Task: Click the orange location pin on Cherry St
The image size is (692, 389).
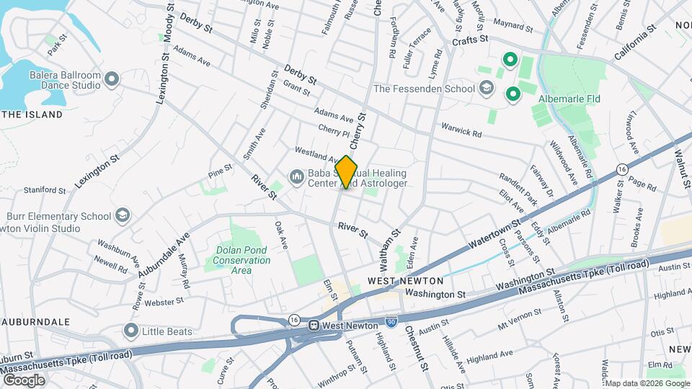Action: coord(346,172)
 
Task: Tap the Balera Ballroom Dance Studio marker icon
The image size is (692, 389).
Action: coord(111,79)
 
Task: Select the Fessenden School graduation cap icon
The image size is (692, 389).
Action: coord(487,89)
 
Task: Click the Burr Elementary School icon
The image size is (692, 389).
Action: coord(123,215)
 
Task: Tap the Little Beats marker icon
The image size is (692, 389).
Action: coord(130,331)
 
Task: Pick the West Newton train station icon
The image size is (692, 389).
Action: coord(314,326)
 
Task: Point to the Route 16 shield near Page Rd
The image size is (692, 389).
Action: coord(621,169)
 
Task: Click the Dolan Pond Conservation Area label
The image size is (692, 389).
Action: coord(243,260)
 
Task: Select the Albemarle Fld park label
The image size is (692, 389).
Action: coord(570,99)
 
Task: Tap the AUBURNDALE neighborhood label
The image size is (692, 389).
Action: coord(35,321)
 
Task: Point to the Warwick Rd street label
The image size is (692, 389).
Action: coord(461,129)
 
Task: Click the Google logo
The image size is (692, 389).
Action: coord(24,380)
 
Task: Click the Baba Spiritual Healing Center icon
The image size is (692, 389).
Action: coord(296,177)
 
